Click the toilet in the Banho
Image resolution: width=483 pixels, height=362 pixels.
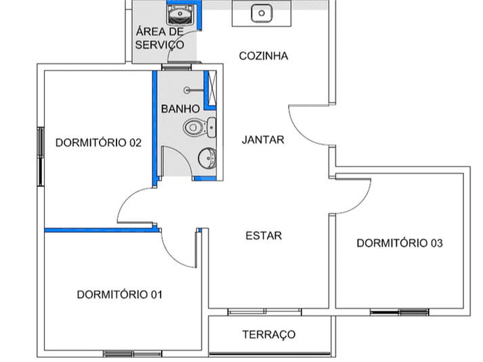pos(195,127)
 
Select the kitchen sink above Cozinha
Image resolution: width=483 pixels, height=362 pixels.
pos(261,13)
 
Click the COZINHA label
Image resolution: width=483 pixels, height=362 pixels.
pos(264,55)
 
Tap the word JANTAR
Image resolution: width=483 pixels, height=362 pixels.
pos(263,140)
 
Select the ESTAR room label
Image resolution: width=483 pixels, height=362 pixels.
pos(264,235)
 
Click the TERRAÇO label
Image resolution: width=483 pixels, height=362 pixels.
pos(269,334)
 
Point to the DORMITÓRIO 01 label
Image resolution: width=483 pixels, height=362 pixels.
pos(120,294)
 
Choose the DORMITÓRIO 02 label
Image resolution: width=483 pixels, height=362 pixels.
pos(98,143)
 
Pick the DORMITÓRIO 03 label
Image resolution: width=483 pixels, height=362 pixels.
pos(400,243)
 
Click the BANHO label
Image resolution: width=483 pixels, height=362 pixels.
pos(180,108)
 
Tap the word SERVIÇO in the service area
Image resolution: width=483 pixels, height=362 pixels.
pos(159,45)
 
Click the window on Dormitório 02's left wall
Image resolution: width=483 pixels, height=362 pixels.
pos(41,156)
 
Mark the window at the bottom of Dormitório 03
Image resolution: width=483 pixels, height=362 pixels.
pos(400,312)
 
